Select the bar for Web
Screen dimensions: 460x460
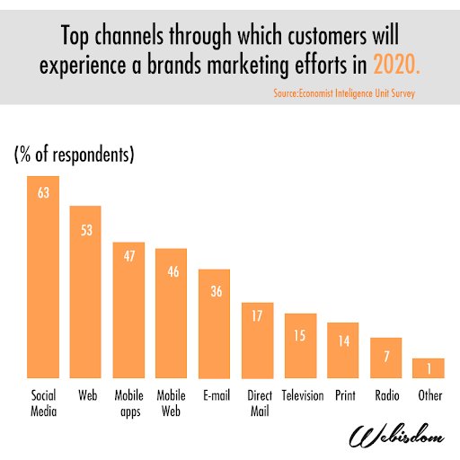pyautogui.click(x=85, y=292)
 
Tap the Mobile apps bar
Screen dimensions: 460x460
pyautogui.click(x=128, y=310)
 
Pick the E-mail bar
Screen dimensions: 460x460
pyautogui.click(x=214, y=323)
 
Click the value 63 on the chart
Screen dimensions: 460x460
pyautogui.click(x=43, y=191)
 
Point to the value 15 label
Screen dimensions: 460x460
pyautogui.click(x=299, y=335)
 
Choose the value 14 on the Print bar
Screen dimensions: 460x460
pyautogui.click(x=342, y=341)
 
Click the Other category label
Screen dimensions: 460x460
pyautogui.click(x=429, y=394)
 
